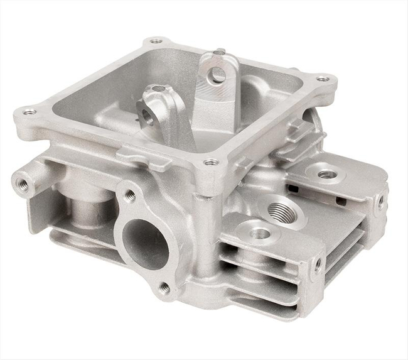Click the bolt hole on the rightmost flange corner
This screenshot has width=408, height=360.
pyautogui.click(x=321, y=79)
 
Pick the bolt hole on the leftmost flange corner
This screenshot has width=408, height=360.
pyautogui.click(x=30, y=112)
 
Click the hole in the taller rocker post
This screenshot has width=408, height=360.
pyautogui.click(x=218, y=75)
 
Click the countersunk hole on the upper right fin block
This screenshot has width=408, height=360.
pyautogui.click(x=326, y=174)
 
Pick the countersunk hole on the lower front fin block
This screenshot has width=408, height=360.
pyautogui.click(x=260, y=234)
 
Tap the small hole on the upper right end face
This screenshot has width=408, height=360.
pyautogui.click(x=380, y=202)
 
